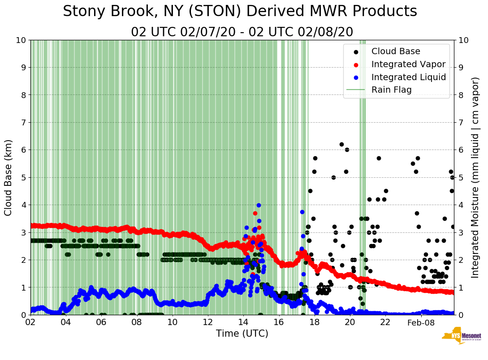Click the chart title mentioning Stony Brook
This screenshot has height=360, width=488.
[240, 12]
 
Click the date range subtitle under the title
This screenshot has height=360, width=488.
[242, 32]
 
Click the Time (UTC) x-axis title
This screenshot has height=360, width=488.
[242, 334]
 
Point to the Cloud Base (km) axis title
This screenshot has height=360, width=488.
[9, 177]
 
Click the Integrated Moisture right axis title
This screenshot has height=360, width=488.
[475, 177]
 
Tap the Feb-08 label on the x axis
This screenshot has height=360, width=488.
[421, 322]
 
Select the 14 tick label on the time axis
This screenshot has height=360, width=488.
[243, 322]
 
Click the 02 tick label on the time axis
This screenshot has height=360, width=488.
[30, 322]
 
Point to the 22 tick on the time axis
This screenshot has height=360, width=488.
[385, 322]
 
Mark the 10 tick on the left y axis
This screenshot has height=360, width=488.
[21, 40]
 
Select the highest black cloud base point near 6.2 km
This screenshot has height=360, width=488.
[341, 144]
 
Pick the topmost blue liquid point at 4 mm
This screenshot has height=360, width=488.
[259, 205]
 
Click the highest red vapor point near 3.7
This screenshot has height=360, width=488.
[255, 213]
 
